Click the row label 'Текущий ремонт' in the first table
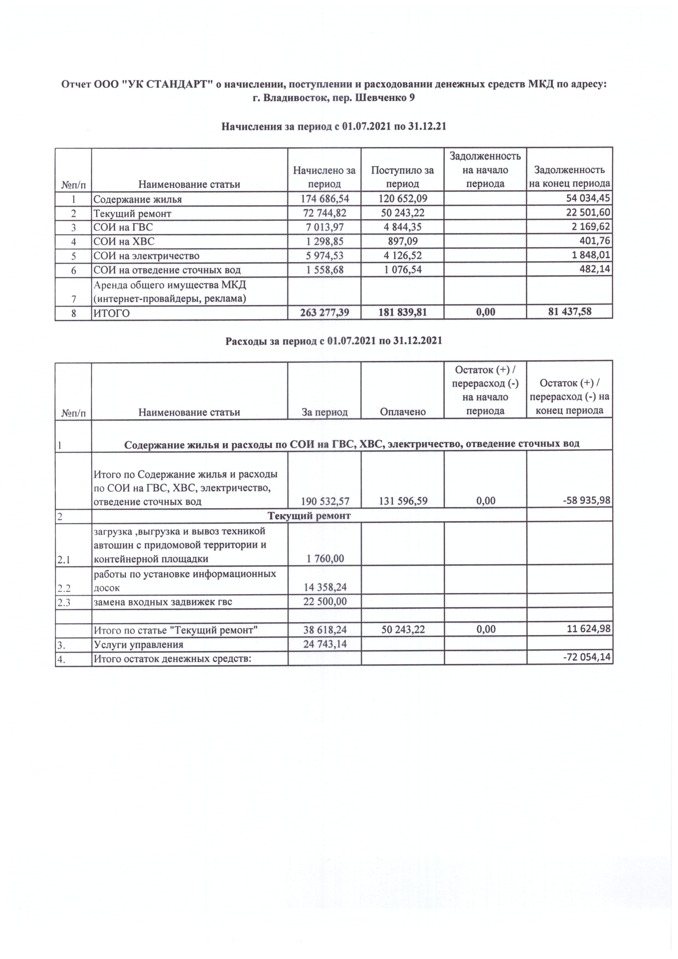tap(132, 214)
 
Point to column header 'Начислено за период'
tap(324, 177)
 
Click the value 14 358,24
tap(325, 587)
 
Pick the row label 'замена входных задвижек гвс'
tap(162, 602)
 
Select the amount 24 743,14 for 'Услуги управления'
tap(325, 644)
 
